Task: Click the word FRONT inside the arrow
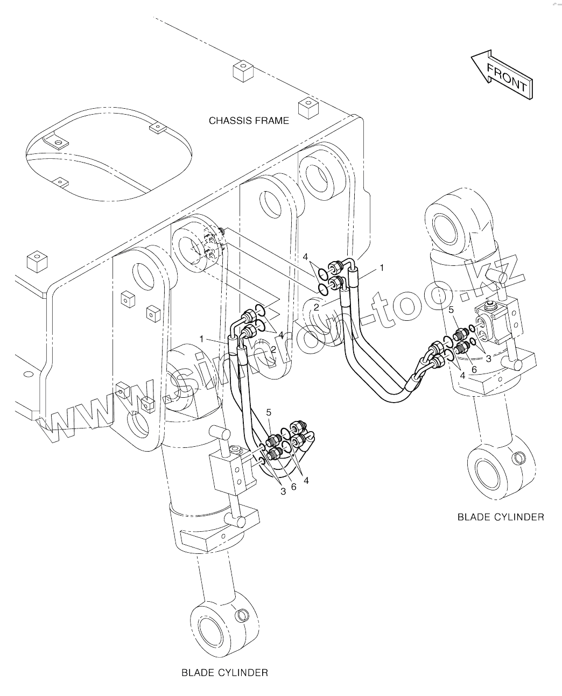click(507, 77)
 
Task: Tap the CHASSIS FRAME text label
click(249, 121)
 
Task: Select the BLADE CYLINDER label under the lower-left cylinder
click(224, 672)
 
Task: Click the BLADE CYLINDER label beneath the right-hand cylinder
click(501, 517)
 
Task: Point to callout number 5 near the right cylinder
click(451, 310)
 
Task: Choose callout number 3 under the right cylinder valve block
click(488, 358)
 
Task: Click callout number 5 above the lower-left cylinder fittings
click(269, 412)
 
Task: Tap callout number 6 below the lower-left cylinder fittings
click(293, 486)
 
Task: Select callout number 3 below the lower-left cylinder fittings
click(283, 490)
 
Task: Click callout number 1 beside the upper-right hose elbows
click(382, 267)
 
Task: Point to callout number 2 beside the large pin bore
click(317, 307)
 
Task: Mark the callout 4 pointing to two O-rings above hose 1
click(306, 257)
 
